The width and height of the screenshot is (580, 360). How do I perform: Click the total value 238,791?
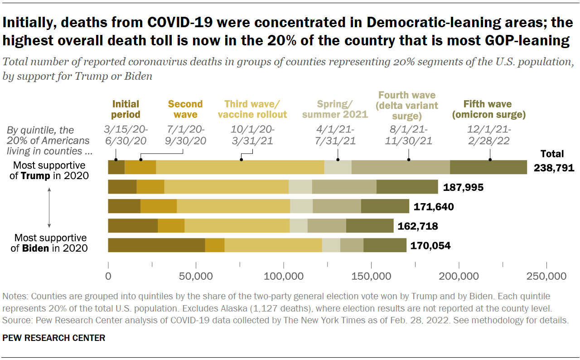pos(554,168)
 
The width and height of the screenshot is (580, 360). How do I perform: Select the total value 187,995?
pos(463,187)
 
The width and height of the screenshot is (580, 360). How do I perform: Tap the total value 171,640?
pos(434,207)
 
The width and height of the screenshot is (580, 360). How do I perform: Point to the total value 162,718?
pos(418,226)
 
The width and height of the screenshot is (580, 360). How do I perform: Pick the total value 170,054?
pos(430,245)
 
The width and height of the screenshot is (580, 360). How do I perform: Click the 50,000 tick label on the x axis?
pos(195,276)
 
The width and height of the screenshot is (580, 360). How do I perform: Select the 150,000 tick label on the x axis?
pos(371,276)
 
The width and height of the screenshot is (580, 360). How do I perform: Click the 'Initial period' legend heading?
pos(126,109)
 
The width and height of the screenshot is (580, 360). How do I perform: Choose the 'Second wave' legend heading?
pos(185,109)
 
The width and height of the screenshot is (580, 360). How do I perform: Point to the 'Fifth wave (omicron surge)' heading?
pos(488,109)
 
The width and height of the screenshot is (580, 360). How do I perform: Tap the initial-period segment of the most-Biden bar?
pos(156,245)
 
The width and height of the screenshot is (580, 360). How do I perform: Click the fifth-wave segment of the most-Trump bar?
pos(488,167)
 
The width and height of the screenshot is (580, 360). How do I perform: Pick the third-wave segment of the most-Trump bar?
pos(240,167)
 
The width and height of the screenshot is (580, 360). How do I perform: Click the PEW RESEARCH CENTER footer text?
pos(54,338)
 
